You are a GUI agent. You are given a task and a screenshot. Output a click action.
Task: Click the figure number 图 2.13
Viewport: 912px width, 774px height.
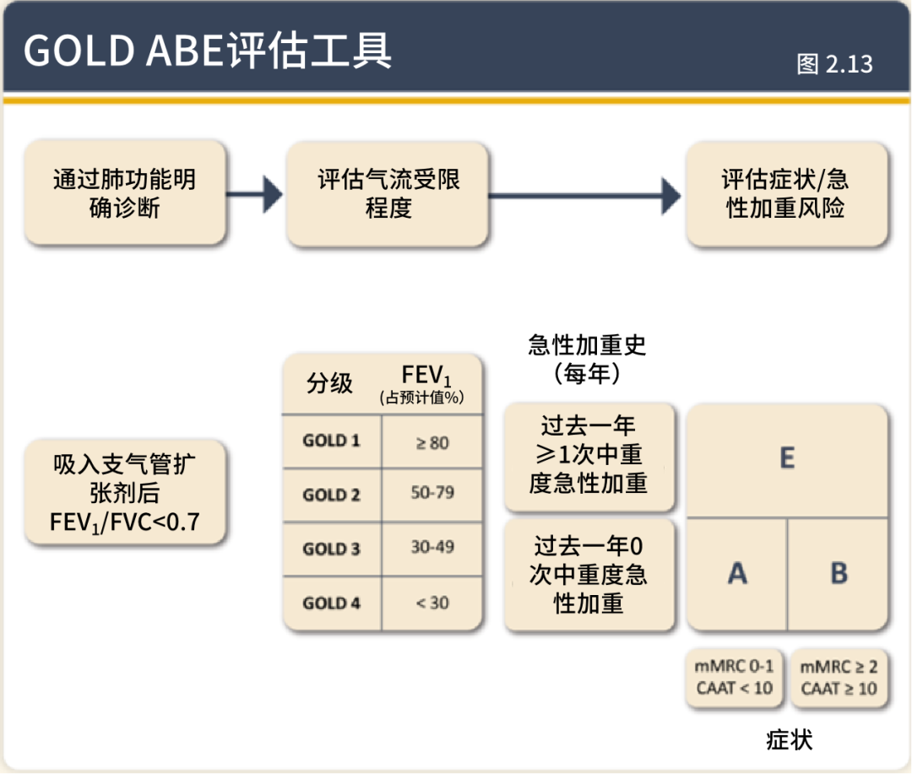(x=834, y=64)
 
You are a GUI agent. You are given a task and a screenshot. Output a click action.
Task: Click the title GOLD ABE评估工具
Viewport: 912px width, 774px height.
(x=208, y=51)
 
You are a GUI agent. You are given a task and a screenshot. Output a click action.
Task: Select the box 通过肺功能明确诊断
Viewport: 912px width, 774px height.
(x=125, y=193)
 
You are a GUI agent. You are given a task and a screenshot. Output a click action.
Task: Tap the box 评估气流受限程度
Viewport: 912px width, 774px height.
(x=388, y=194)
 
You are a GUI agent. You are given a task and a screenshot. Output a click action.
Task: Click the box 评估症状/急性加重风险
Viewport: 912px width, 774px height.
(x=785, y=193)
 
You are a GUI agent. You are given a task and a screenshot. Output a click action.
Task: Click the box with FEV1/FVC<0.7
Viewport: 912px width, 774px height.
(x=125, y=493)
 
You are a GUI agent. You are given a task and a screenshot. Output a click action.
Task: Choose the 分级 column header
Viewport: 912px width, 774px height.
(x=330, y=384)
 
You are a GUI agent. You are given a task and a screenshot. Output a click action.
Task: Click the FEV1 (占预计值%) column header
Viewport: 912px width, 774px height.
(x=432, y=385)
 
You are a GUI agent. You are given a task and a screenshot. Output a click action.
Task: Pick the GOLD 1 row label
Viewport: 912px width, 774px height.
(x=331, y=441)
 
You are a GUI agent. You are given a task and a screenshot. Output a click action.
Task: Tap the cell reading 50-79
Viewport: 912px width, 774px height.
(x=432, y=493)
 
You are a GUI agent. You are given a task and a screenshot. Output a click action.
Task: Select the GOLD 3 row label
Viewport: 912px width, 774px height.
(x=331, y=549)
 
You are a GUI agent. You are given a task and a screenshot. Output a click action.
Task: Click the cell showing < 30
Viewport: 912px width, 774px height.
(x=432, y=603)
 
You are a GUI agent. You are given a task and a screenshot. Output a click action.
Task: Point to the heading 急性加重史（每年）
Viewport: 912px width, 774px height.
(x=588, y=359)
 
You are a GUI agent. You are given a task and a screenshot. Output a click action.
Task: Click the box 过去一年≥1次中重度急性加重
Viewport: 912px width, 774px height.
(x=589, y=455)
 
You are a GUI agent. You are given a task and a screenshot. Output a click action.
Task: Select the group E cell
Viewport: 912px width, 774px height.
(x=786, y=458)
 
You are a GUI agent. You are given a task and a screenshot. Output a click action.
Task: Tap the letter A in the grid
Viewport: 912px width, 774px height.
(x=737, y=574)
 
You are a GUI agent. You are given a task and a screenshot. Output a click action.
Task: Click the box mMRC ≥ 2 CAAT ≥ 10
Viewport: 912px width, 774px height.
(x=839, y=678)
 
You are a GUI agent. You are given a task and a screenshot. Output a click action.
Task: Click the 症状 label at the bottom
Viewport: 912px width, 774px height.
(x=789, y=740)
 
